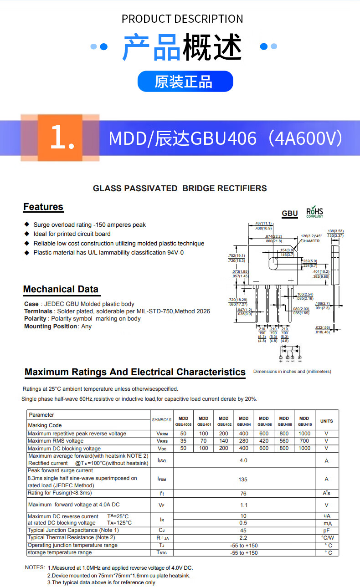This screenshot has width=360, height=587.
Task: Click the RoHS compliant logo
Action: click(314, 212)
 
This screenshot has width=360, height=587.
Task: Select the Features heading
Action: click(43, 207)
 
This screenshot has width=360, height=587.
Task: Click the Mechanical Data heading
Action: click(61, 289)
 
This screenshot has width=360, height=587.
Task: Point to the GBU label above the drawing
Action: click(289, 214)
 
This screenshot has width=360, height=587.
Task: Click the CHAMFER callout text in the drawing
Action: click(310, 241)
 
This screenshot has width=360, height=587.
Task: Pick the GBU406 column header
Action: click(264, 421)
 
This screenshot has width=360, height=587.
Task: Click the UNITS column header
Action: click(326, 421)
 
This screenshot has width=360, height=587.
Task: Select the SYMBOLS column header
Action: click(162, 420)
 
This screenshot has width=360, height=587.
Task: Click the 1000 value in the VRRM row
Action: click(304, 434)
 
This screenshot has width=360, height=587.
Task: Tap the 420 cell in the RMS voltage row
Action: click(264, 441)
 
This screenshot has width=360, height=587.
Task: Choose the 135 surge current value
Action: click(243, 479)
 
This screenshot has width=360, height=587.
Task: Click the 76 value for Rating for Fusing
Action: click(243, 494)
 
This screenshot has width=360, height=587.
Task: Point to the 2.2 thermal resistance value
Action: click(243, 538)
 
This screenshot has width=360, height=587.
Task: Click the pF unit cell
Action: click(326, 531)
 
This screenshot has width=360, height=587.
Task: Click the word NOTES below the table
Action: click(35, 568)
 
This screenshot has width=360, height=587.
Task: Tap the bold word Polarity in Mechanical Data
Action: click(35, 319)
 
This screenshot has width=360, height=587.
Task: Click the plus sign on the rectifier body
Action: click(291, 281)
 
